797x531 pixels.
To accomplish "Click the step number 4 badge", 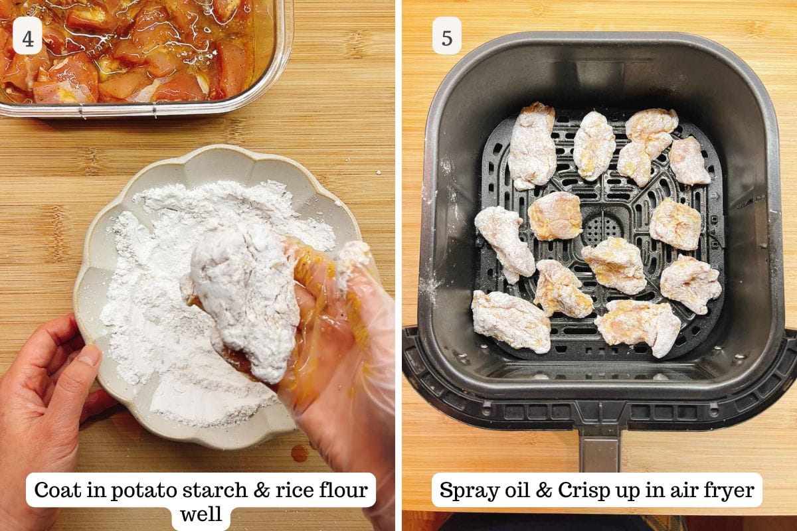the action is tap(27, 36).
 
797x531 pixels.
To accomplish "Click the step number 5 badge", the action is tap(447, 36).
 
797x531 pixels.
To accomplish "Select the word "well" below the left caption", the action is tap(201, 514).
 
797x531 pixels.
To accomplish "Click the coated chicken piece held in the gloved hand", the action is tap(244, 302).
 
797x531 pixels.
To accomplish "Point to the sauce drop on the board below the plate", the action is tap(300, 453).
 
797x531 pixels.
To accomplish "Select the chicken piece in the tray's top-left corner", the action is tap(531, 146).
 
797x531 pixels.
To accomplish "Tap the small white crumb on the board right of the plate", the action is tap(378, 173).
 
